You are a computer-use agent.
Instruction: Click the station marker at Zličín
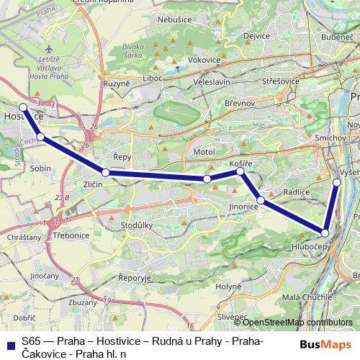106,173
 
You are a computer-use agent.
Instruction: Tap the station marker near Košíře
240,171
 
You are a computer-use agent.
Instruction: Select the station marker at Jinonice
261,200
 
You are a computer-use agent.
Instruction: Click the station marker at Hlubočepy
325,233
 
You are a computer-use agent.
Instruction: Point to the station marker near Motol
207,179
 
